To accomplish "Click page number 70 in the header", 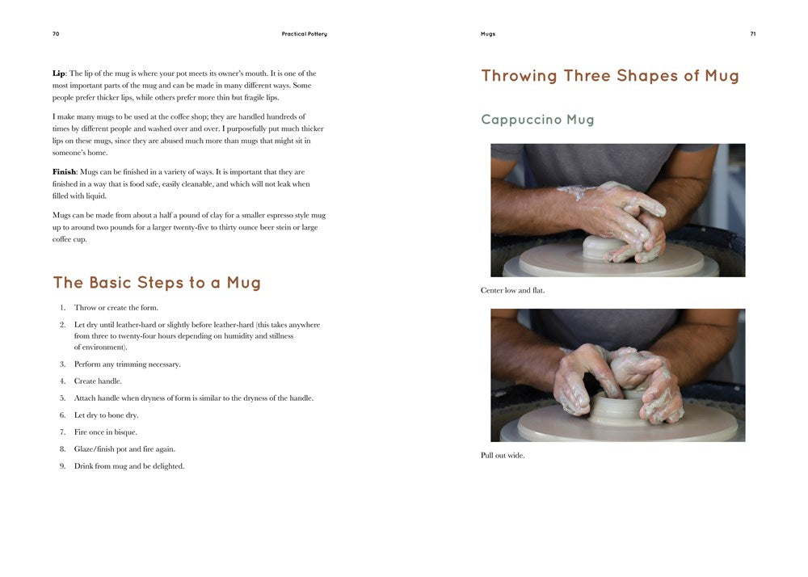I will [x=56, y=34].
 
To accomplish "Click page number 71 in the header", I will [x=752, y=34].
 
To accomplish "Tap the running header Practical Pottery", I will [x=304, y=34].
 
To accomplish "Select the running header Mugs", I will [x=487, y=34].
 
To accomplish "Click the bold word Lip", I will [x=58, y=74].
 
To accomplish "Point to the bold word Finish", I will [x=64, y=172].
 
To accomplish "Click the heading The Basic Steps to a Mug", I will [x=157, y=283].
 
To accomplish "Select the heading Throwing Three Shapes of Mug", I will [x=610, y=76].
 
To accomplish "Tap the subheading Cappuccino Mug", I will [x=537, y=120].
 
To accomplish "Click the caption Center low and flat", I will [x=512, y=290].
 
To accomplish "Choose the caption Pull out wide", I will [x=503, y=455].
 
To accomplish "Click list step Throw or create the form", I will [x=116, y=308].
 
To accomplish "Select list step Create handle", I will [x=98, y=381].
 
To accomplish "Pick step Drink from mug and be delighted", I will [x=129, y=466].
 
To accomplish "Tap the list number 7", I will [x=62, y=432].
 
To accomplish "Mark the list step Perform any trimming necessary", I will [x=128, y=364].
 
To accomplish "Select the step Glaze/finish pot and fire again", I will [x=124, y=449].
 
